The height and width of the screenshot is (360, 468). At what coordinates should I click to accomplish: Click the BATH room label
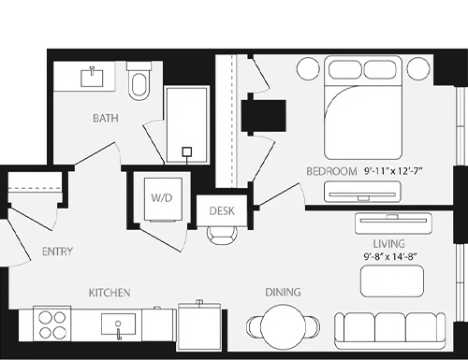tap(106, 118)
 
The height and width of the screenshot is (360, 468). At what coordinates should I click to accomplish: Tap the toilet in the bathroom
tap(139, 81)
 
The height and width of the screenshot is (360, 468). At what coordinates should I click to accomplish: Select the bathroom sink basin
tap(92, 78)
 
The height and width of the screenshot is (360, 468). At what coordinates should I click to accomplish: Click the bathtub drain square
tap(187, 151)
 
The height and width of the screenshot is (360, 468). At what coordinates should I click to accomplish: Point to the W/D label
tap(162, 197)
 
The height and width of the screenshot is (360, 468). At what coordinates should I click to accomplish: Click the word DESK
tap(222, 211)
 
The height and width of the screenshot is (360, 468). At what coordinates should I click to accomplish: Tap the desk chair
tap(222, 235)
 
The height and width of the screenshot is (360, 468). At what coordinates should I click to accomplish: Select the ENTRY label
tap(57, 252)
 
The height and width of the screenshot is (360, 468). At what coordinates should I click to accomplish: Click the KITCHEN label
tap(110, 293)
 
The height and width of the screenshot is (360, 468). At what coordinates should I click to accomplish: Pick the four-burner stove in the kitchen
tap(51, 324)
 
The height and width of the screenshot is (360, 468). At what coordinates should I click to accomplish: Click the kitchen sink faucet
tap(118, 331)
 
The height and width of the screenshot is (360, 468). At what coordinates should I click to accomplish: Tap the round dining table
tap(283, 327)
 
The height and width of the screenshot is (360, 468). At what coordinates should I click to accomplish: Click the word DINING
tap(283, 292)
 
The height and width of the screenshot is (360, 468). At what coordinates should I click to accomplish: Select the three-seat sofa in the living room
tap(390, 330)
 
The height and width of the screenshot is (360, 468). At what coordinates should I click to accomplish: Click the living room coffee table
tap(392, 281)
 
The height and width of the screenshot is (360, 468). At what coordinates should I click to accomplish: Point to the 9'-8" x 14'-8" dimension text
tap(390, 256)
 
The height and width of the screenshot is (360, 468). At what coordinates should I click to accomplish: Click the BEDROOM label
tap(331, 171)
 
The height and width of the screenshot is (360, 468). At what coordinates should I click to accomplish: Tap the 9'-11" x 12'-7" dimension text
tap(393, 171)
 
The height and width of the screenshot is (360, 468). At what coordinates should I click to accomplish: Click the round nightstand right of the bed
tap(418, 68)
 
